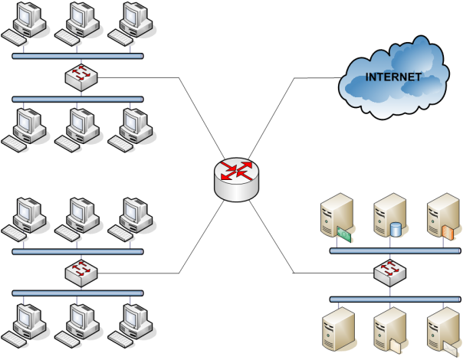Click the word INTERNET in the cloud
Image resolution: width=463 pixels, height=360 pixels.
[x=392, y=77]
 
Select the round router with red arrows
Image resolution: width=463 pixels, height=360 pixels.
[x=237, y=179]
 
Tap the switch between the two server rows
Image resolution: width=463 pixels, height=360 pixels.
[x=390, y=273]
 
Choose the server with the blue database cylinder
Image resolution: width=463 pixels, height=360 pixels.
[x=389, y=216]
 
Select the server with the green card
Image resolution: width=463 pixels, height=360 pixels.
[x=337, y=216]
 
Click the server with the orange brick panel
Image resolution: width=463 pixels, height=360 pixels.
[x=443, y=216]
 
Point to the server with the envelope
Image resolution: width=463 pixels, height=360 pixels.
[x=443, y=331]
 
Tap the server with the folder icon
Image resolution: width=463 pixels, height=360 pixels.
[x=389, y=331]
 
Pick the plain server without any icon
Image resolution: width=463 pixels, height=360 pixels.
[x=337, y=331]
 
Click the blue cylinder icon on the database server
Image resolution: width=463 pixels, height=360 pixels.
[x=396, y=229]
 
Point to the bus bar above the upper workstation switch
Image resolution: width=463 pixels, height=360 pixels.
[x=77, y=56]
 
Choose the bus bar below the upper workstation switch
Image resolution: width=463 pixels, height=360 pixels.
[x=77, y=99]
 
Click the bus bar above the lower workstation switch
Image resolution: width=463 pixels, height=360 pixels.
[x=77, y=250]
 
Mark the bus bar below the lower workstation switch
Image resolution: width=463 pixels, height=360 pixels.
[x=77, y=293]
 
